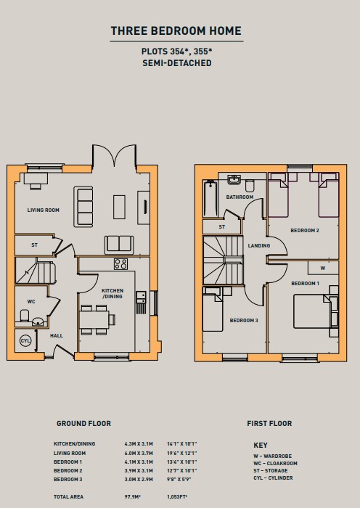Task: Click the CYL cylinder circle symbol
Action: pos(25,341)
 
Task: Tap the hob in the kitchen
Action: pos(121,263)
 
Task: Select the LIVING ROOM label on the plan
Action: pos(44,210)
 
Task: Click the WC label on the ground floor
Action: pos(31,302)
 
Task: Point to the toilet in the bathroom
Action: pos(250,186)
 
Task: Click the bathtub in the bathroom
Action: pos(210,198)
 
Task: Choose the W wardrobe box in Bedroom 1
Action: pos(323,268)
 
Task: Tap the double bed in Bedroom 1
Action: pos(312,311)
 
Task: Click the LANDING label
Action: pos(259,245)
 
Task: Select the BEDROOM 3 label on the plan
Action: pos(244,321)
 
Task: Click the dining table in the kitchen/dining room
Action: pos(94,320)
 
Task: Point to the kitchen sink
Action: pos(141,297)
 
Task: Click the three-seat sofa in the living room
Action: pos(83,207)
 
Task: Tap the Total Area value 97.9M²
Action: pos(133,496)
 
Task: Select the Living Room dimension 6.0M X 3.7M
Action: pos(139,454)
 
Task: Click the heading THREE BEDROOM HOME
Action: pos(176,30)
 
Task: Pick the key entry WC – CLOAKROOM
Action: pos(275,463)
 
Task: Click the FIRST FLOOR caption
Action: pos(269,423)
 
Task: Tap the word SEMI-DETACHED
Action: pos(177,63)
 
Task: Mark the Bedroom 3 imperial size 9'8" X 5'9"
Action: pos(179,479)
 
